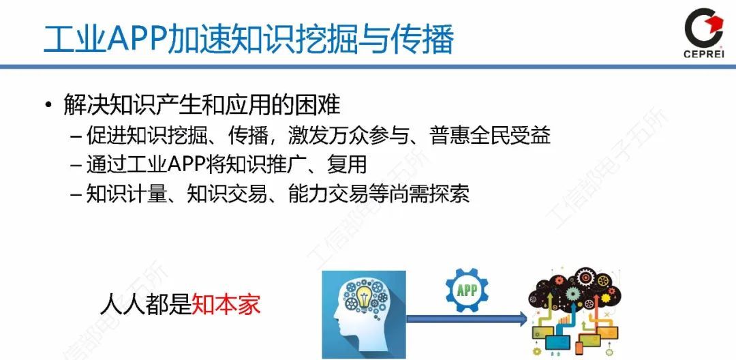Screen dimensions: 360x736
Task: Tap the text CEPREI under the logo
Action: (703, 55)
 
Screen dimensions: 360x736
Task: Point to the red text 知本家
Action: (226, 304)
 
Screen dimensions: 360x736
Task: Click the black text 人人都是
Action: (144, 304)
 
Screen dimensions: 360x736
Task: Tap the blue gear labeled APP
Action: (467, 290)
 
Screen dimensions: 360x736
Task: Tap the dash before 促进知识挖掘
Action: (76, 136)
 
